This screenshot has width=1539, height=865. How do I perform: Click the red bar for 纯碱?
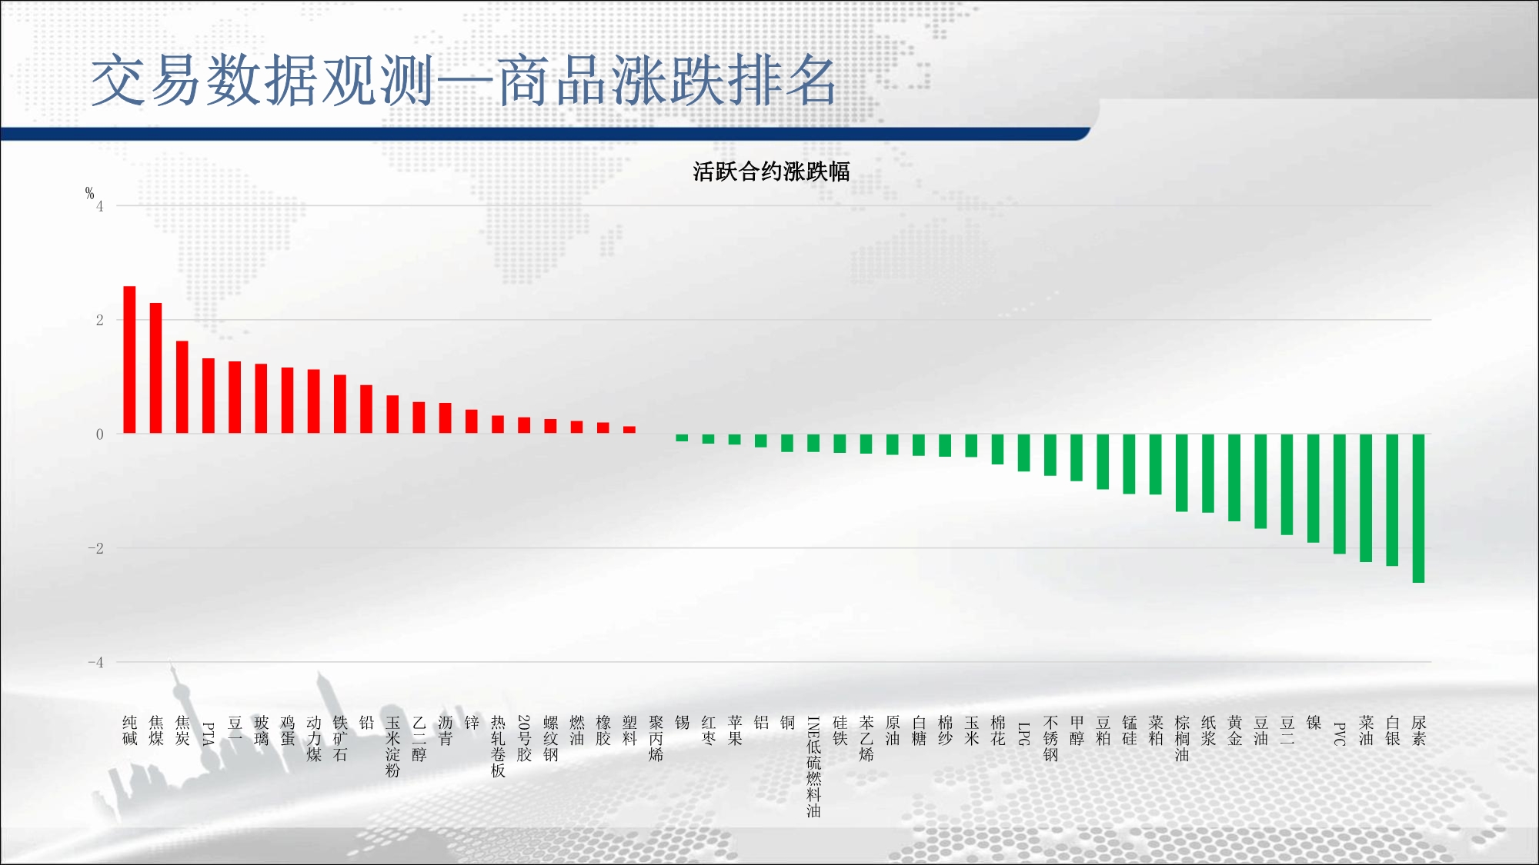point(129,360)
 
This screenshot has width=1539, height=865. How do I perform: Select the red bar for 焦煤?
point(155,368)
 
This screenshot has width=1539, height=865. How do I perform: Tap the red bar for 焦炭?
point(182,388)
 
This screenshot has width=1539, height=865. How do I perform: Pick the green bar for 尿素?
point(1418,508)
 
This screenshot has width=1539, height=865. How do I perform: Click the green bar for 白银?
point(1392,500)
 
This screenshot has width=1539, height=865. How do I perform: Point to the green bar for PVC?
point(1340,494)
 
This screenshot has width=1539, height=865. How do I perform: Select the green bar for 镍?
point(1314,488)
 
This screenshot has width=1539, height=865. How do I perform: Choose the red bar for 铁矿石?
point(340,404)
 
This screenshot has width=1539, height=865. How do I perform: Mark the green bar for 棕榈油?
point(1182,473)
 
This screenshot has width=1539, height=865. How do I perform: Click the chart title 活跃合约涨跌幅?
point(771,171)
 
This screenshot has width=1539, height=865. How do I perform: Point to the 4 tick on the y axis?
point(100,206)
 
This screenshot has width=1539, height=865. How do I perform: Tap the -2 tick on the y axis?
point(95,548)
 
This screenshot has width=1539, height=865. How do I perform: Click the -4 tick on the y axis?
point(95,662)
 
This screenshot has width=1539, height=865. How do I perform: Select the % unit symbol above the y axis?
point(89,193)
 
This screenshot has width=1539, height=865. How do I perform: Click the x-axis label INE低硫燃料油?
point(813,767)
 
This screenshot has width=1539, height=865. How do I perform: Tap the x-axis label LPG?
point(1024,734)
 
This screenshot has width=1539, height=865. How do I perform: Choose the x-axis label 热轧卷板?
point(498,747)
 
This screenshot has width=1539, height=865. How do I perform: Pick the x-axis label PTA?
point(209,734)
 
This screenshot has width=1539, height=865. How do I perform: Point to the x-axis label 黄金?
point(1234,730)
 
